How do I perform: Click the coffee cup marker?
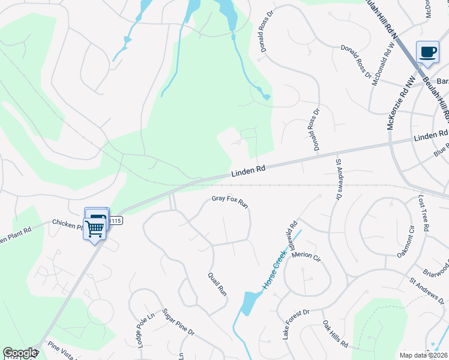point(428,52)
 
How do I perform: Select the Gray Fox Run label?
point(230,202)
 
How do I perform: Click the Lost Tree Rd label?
point(423,213)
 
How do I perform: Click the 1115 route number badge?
point(116,221)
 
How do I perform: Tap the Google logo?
point(20,353)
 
